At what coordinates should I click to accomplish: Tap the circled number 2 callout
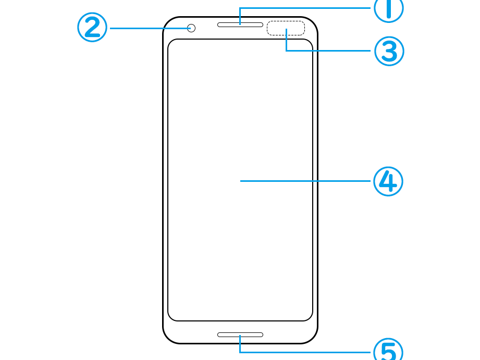tap(92, 27)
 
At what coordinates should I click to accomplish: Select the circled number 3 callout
tap(389, 51)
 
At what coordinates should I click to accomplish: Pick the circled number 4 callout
tap(388, 181)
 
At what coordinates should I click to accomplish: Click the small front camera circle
tap(191, 28)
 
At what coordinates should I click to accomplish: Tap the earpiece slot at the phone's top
tap(240, 24)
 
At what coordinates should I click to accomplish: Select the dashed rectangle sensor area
tap(286, 28)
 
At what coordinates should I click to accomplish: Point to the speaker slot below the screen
tap(240, 334)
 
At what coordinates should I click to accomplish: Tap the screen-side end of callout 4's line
tap(241, 181)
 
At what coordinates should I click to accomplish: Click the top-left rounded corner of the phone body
tap(167, 21)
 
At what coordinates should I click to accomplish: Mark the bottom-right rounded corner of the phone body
tap(313, 339)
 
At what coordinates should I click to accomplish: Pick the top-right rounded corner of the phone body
tap(313, 21)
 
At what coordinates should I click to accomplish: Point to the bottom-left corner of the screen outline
tap(171, 318)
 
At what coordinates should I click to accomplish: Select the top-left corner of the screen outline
tap(171, 42)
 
